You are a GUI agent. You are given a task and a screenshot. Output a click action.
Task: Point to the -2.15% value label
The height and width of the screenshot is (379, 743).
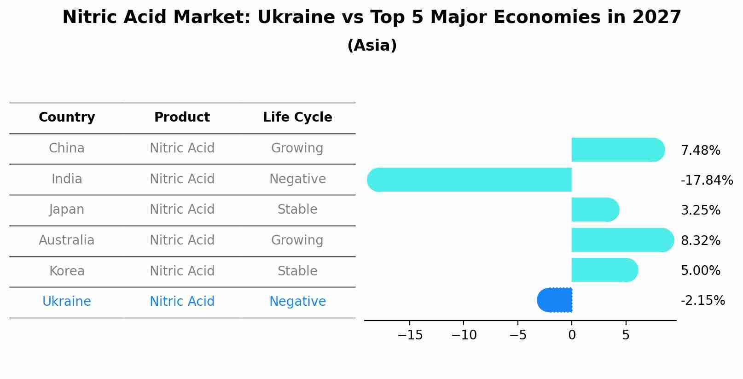702,301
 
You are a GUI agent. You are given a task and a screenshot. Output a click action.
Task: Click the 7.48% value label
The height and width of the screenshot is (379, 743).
700,151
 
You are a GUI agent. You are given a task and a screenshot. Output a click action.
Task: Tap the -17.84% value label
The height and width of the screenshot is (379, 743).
707,181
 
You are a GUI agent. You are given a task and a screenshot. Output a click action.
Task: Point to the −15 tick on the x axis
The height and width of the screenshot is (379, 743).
410,335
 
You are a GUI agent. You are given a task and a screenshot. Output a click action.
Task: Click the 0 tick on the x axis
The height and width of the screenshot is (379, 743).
572,335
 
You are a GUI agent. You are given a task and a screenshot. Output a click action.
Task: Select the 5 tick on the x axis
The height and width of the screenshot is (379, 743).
626,335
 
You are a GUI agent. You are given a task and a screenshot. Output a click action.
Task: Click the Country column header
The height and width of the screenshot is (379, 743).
67,117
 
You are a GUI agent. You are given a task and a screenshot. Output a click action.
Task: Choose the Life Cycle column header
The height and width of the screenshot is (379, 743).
297,117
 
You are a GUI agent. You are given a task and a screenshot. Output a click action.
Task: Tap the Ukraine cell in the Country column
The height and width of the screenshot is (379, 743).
67,302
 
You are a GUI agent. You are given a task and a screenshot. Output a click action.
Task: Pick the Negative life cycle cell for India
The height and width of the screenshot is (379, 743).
297,179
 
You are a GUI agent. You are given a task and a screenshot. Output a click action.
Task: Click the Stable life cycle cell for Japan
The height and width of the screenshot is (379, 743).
297,210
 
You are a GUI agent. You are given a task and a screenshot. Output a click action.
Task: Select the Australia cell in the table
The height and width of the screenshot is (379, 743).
67,240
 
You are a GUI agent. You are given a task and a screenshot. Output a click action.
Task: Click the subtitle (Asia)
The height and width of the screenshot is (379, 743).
372,46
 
